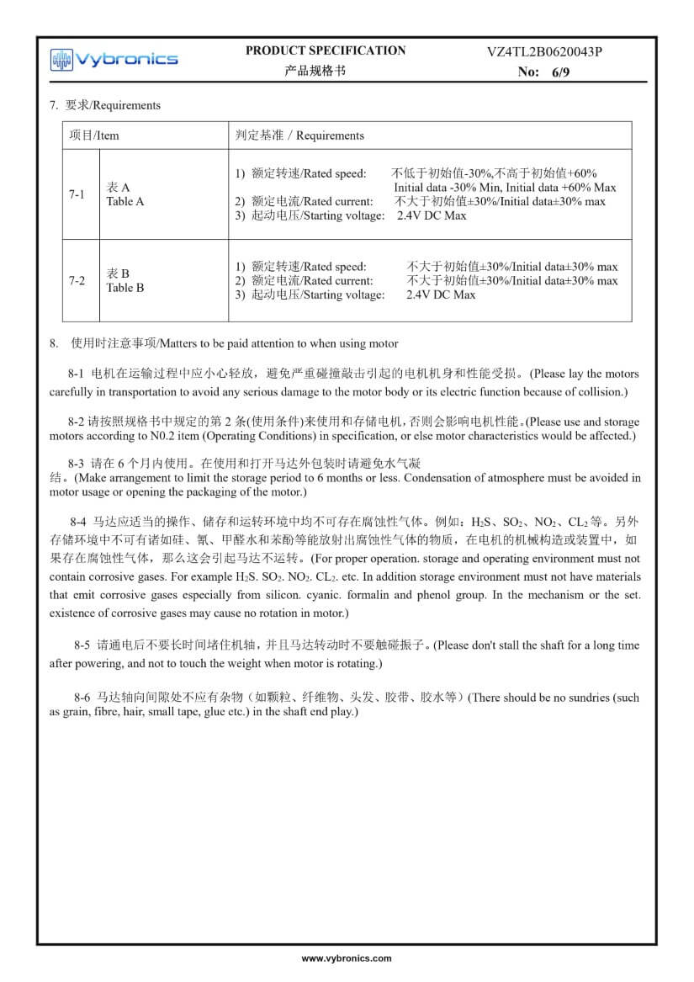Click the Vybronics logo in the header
coord(114,59)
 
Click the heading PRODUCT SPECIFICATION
coord(325,50)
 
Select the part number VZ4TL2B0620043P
coord(544,51)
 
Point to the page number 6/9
coord(560,72)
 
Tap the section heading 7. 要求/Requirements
coord(104,105)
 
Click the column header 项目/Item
coord(94,135)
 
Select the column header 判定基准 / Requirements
coord(299,135)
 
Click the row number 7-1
coord(77,194)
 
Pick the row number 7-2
coord(77,280)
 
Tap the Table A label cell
coord(124,194)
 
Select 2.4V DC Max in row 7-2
coord(440,295)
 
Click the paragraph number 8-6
coord(82,698)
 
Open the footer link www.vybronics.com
coord(347,958)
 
